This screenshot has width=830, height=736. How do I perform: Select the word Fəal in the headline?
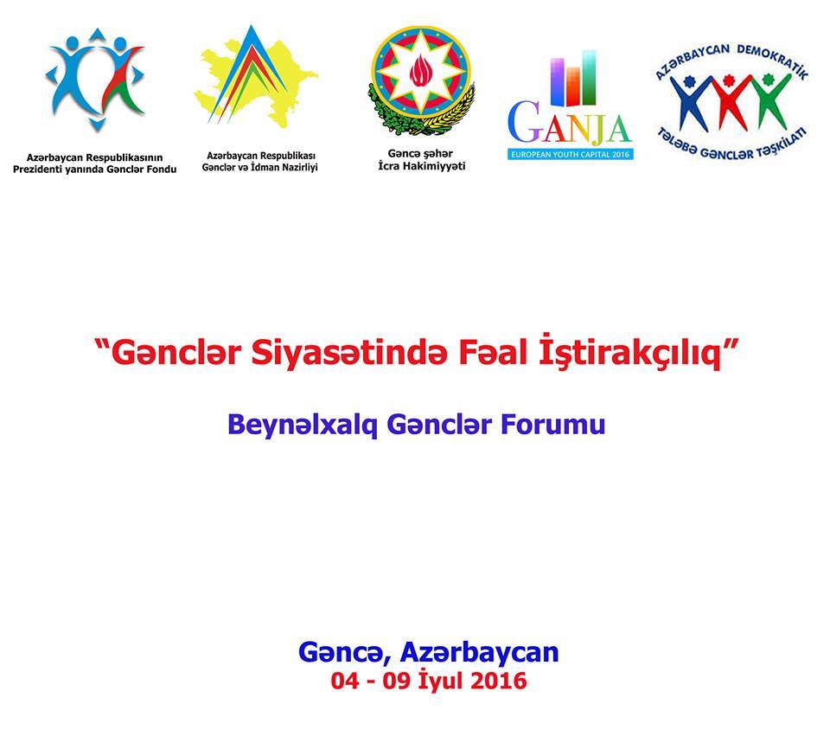[492, 353]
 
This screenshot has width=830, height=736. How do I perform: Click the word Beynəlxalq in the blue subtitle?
[302, 425]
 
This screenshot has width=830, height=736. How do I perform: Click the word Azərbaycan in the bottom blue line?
[480, 652]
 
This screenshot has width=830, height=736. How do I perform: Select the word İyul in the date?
[440, 681]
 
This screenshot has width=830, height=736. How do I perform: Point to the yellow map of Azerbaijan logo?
[256, 80]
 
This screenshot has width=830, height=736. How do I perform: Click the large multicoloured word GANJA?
[570, 124]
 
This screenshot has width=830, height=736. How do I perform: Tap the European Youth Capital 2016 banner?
[570, 155]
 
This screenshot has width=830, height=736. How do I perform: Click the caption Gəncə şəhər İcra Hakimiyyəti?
[421, 160]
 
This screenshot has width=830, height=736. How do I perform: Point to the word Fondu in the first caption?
[161, 170]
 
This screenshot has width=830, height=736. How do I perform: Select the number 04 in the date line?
[345, 681]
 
